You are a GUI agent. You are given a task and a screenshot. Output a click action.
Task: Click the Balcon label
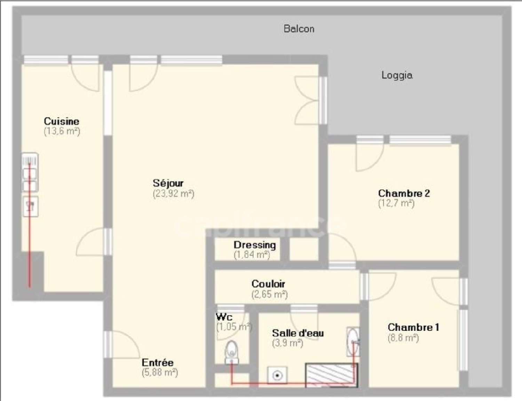[299, 29]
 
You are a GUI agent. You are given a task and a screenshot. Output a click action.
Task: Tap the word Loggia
[397, 75]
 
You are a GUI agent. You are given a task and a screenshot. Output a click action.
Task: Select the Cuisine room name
[62, 121]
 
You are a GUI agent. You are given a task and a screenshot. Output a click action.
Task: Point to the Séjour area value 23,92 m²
[173, 194]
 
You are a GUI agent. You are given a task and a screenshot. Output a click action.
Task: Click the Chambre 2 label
[404, 193]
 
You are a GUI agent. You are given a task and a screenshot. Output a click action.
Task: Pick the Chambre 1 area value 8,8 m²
[403, 338]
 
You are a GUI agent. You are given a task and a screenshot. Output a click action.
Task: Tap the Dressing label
[255, 245]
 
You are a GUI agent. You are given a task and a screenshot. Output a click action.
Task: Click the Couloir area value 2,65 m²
[269, 295]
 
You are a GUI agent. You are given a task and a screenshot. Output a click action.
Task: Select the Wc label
[224, 317]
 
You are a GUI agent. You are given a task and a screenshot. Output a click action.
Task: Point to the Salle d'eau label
[298, 333]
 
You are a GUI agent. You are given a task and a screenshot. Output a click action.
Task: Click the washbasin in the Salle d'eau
[352, 341]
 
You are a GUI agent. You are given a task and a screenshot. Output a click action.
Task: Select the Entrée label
[157, 362]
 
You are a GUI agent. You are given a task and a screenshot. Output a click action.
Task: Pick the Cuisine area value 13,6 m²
[62, 131]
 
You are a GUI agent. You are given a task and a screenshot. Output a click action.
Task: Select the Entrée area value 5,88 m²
[160, 372]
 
